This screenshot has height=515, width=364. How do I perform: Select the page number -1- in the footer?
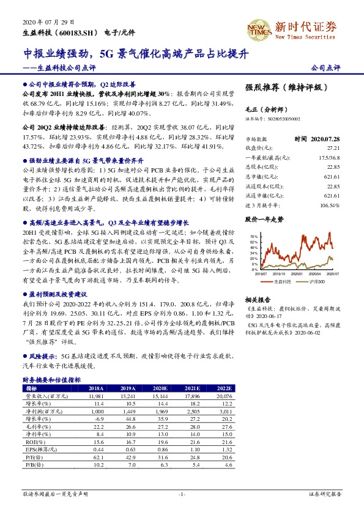click(182, 493)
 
